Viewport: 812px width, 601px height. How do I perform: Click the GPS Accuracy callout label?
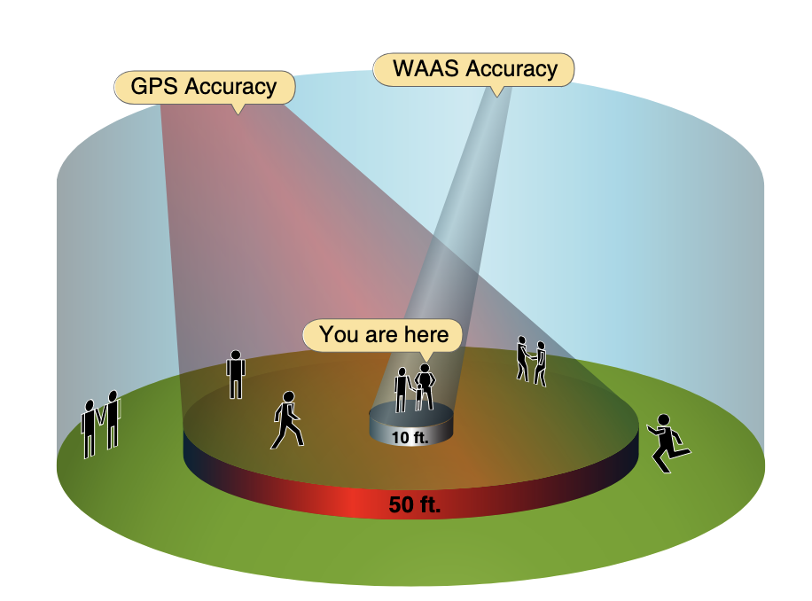coord(203,87)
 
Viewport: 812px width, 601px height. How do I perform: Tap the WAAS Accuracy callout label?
coord(473,69)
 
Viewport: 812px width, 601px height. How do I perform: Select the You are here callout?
coord(382,334)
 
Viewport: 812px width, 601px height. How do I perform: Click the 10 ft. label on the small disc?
coord(409,436)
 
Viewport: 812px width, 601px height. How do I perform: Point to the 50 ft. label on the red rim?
coord(414,506)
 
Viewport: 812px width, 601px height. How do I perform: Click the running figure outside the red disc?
coord(668,443)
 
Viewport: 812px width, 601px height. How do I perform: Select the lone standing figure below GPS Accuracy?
coord(236,374)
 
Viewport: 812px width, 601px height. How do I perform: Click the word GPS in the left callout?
coord(150,87)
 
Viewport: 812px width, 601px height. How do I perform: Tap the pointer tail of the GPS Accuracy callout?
coord(237,109)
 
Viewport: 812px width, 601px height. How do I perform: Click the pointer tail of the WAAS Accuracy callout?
coord(497,90)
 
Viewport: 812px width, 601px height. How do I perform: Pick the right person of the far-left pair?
coord(113,419)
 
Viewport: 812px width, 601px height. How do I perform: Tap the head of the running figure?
coord(662,420)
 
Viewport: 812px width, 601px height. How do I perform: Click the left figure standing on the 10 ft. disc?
coord(402,388)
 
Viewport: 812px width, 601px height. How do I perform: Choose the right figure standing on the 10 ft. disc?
coord(425,386)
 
